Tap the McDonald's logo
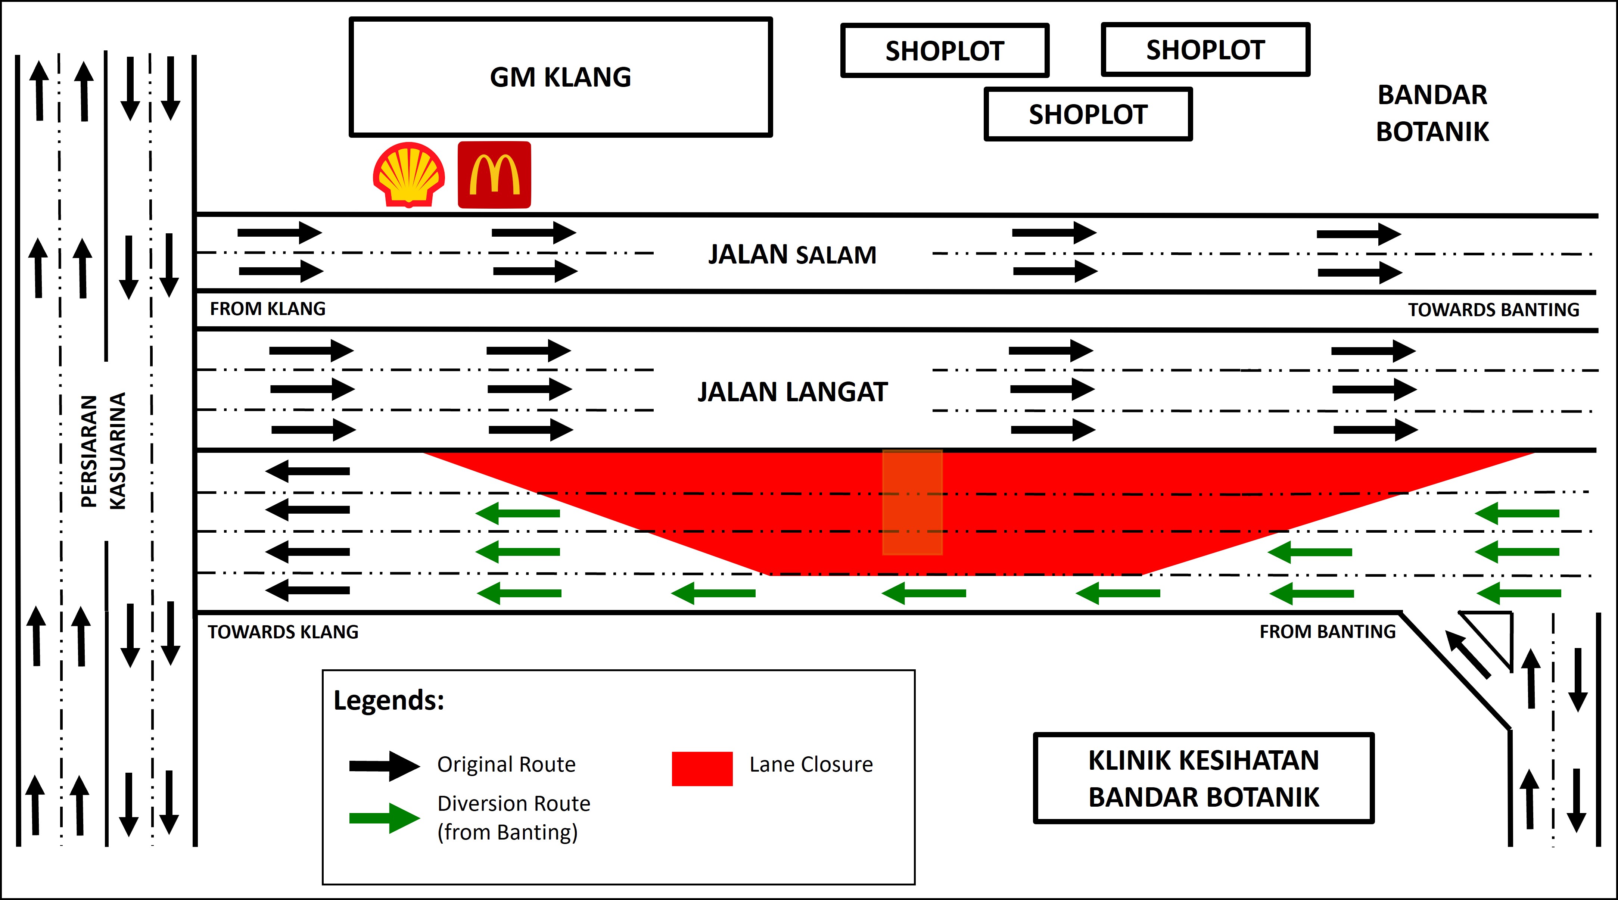pos(494,175)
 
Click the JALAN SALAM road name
pos(792,254)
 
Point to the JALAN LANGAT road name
pos(792,392)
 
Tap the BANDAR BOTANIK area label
pos(1432,113)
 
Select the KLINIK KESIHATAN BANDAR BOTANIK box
pos(1204,778)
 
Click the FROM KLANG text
pos(268,309)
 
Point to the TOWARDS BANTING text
pos(1493,309)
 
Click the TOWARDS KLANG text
pos(283,632)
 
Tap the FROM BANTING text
pos(1327,631)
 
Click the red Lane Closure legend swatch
pos(701,768)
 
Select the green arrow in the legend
pos(384,818)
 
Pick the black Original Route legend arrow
pos(384,766)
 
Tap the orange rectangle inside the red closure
pos(912,502)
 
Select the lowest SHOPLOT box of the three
pos(1088,114)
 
